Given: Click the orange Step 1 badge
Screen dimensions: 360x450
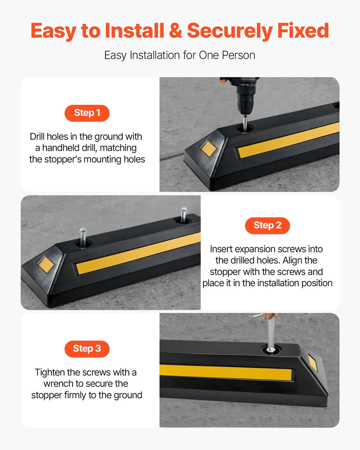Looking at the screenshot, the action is (87, 113).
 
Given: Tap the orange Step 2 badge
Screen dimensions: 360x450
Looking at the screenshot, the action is (267, 226).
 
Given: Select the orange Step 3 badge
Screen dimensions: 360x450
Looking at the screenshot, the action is (87, 349).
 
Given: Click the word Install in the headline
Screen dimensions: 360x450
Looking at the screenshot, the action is (134, 31).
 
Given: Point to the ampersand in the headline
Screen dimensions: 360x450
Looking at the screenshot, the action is (175, 31).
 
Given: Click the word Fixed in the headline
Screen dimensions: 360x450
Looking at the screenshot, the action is (303, 31).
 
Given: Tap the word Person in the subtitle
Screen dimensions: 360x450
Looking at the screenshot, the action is (238, 55).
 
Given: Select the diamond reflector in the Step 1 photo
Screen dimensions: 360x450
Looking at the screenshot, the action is (208, 148).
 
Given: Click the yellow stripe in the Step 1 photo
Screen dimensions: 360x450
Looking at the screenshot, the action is (289, 140).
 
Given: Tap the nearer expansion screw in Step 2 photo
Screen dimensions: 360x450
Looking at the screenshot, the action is (83, 238).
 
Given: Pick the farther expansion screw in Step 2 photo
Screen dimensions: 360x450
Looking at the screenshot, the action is (184, 215).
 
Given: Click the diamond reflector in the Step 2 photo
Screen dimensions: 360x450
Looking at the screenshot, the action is (46, 264).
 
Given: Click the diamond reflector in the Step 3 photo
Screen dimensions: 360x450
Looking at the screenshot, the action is (313, 363).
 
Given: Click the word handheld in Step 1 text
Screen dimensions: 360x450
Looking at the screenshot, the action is (56, 148).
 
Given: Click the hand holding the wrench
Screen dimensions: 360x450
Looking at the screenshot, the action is (271, 316).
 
